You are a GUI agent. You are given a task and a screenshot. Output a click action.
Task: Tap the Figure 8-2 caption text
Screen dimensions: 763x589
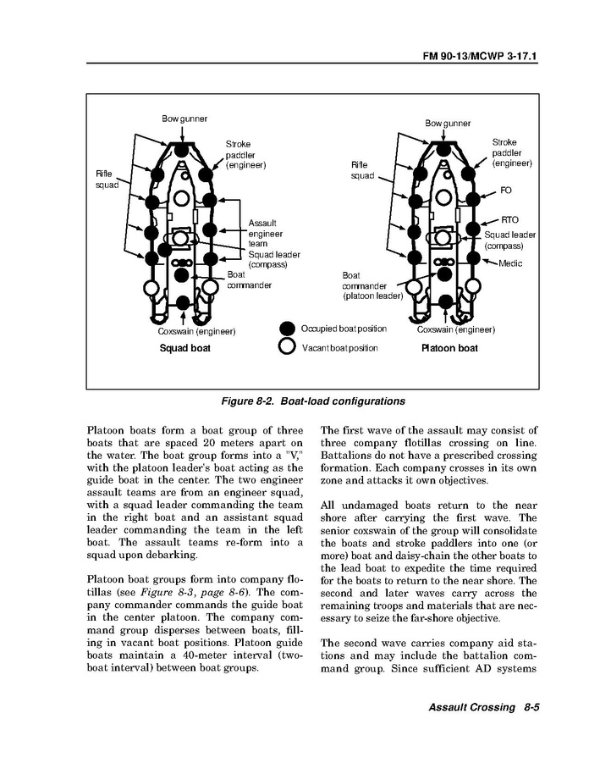pyautogui.click(x=307, y=401)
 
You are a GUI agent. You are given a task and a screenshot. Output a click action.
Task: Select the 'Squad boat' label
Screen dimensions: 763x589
pyautogui.click(x=185, y=348)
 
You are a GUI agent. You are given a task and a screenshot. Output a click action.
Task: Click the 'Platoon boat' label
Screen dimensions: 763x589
pyautogui.click(x=449, y=348)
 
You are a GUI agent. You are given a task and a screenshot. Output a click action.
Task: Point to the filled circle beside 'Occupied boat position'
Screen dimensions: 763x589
pyautogui.click(x=288, y=329)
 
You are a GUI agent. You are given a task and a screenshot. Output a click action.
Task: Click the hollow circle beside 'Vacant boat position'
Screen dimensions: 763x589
pyautogui.click(x=288, y=347)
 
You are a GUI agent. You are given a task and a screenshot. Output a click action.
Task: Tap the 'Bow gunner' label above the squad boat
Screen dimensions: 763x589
pyautogui.click(x=184, y=119)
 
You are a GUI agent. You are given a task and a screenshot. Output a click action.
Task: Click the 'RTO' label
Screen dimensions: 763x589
pyautogui.click(x=509, y=219)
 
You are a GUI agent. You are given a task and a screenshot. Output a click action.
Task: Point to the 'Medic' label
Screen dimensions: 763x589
pyautogui.click(x=510, y=263)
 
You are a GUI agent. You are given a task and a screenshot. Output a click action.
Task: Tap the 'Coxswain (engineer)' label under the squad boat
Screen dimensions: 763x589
pyautogui.click(x=196, y=330)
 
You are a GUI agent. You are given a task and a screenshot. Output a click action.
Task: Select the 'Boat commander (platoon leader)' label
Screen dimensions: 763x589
pyautogui.click(x=372, y=286)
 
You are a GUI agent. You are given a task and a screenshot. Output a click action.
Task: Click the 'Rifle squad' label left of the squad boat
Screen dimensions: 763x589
pyautogui.click(x=107, y=180)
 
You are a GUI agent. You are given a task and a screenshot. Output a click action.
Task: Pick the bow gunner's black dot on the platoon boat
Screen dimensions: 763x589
pyautogui.click(x=445, y=150)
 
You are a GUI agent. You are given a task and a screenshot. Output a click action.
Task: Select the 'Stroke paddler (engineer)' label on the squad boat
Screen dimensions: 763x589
pyautogui.click(x=245, y=154)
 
